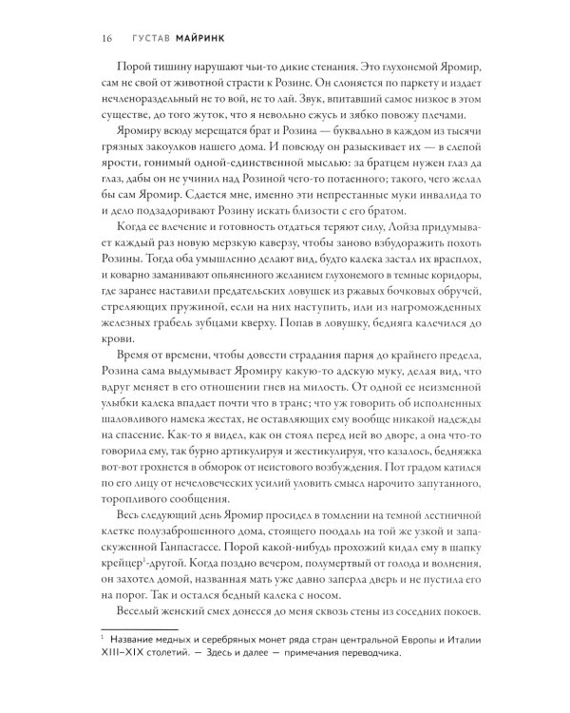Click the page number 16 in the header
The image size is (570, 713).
pyautogui.click(x=104, y=38)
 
